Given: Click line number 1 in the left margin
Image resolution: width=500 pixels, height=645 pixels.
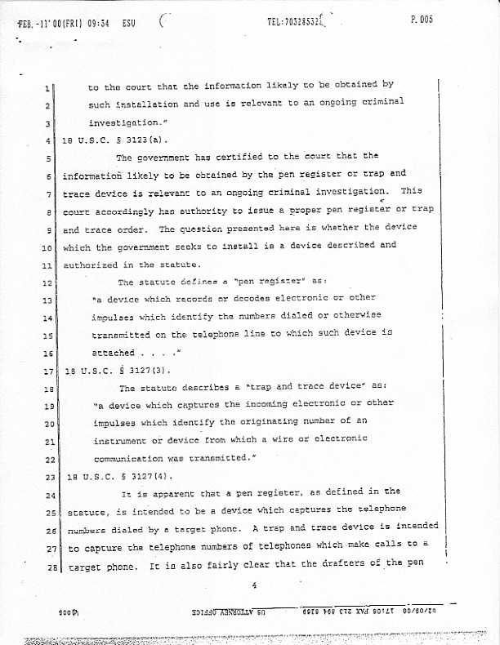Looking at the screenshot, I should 49,87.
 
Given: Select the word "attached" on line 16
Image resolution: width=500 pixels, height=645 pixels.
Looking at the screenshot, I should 114,353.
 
